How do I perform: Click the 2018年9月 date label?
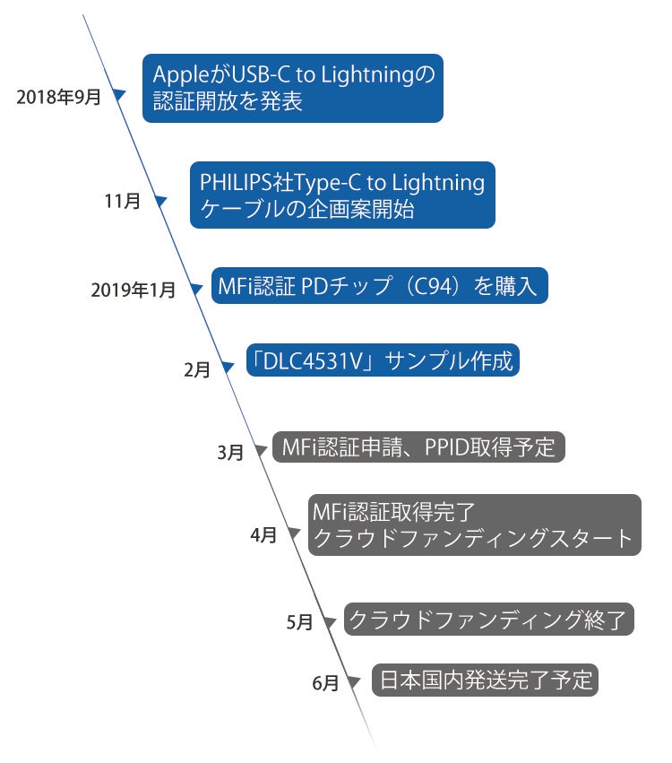click(58, 97)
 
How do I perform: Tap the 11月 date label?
click(123, 202)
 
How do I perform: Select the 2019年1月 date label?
click(134, 290)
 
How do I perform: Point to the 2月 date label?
click(196, 368)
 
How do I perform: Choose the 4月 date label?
click(263, 536)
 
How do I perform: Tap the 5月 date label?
click(299, 621)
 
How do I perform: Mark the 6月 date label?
click(326, 683)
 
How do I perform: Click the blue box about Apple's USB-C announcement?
click(293, 89)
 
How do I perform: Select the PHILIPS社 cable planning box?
click(342, 195)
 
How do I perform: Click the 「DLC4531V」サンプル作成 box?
click(383, 361)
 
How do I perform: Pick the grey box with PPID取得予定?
click(418, 447)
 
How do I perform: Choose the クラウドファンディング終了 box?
click(489, 619)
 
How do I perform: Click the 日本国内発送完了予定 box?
click(485, 680)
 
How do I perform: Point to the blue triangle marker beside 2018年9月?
click(119, 93)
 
